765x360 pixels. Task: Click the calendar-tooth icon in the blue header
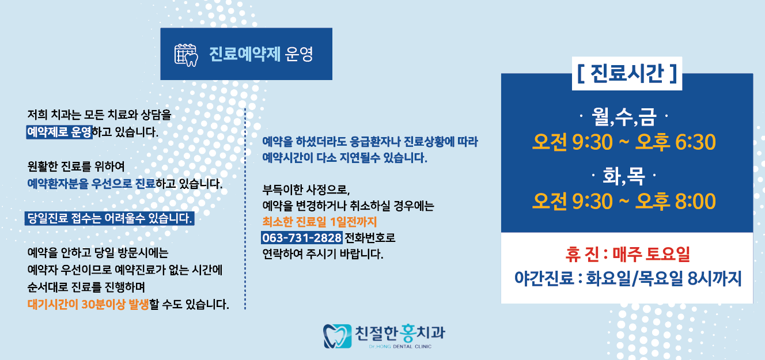[186, 54]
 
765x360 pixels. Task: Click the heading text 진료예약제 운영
[261, 54]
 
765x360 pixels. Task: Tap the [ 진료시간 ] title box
[627, 74]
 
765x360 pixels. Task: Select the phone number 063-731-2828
[302, 238]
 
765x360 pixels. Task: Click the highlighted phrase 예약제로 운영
[59, 132]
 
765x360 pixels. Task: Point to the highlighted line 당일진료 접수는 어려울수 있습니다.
[109, 219]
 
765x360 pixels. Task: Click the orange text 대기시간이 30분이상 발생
[88, 304]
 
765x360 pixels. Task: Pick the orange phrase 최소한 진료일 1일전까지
[319, 222]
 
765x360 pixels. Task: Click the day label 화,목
[626, 174]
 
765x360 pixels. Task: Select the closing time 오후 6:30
[675, 142]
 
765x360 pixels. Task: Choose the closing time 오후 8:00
[675, 201]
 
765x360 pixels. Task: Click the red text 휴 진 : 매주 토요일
[627, 254]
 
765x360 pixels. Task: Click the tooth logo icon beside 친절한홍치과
[337, 336]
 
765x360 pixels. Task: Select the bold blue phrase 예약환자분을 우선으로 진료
[92, 184]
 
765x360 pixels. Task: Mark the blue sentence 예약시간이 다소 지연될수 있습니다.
[344, 157]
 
